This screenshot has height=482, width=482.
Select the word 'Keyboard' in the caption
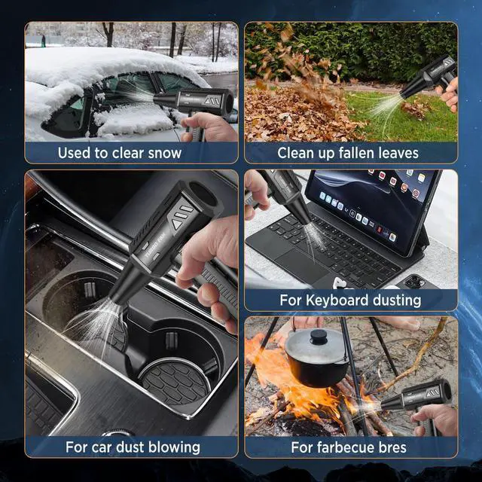[340, 300]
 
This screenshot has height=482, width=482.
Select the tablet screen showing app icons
[369, 203]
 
